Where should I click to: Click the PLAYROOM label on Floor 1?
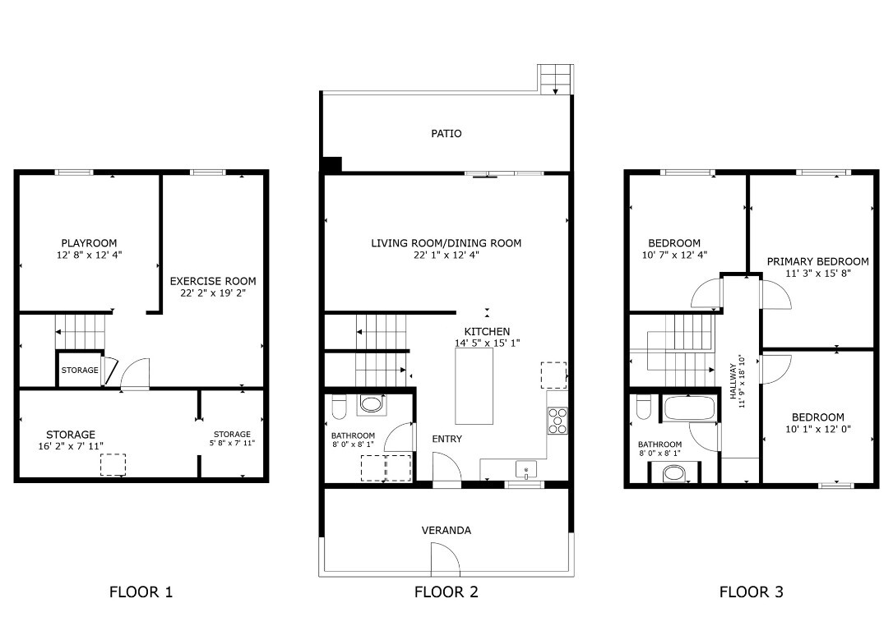click(89, 243)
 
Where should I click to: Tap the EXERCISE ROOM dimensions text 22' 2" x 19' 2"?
click(212, 292)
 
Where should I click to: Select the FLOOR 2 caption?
click(446, 592)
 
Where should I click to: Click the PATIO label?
click(446, 133)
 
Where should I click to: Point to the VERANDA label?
click(446, 531)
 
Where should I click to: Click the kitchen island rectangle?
click(474, 386)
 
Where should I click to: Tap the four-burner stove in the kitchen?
click(558, 421)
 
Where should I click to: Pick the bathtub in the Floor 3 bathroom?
click(689, 408)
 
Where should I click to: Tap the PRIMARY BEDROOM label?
click(817, 262)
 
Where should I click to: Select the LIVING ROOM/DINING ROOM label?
click(446, 243)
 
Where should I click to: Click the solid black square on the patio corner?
click(331, 164)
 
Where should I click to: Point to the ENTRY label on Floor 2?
click(446, 440)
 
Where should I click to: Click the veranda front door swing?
click(444, 560)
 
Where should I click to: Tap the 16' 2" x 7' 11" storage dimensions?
click(71, 446)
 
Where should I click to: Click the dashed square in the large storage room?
click(113, 465)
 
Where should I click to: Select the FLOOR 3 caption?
click(751, 592)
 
